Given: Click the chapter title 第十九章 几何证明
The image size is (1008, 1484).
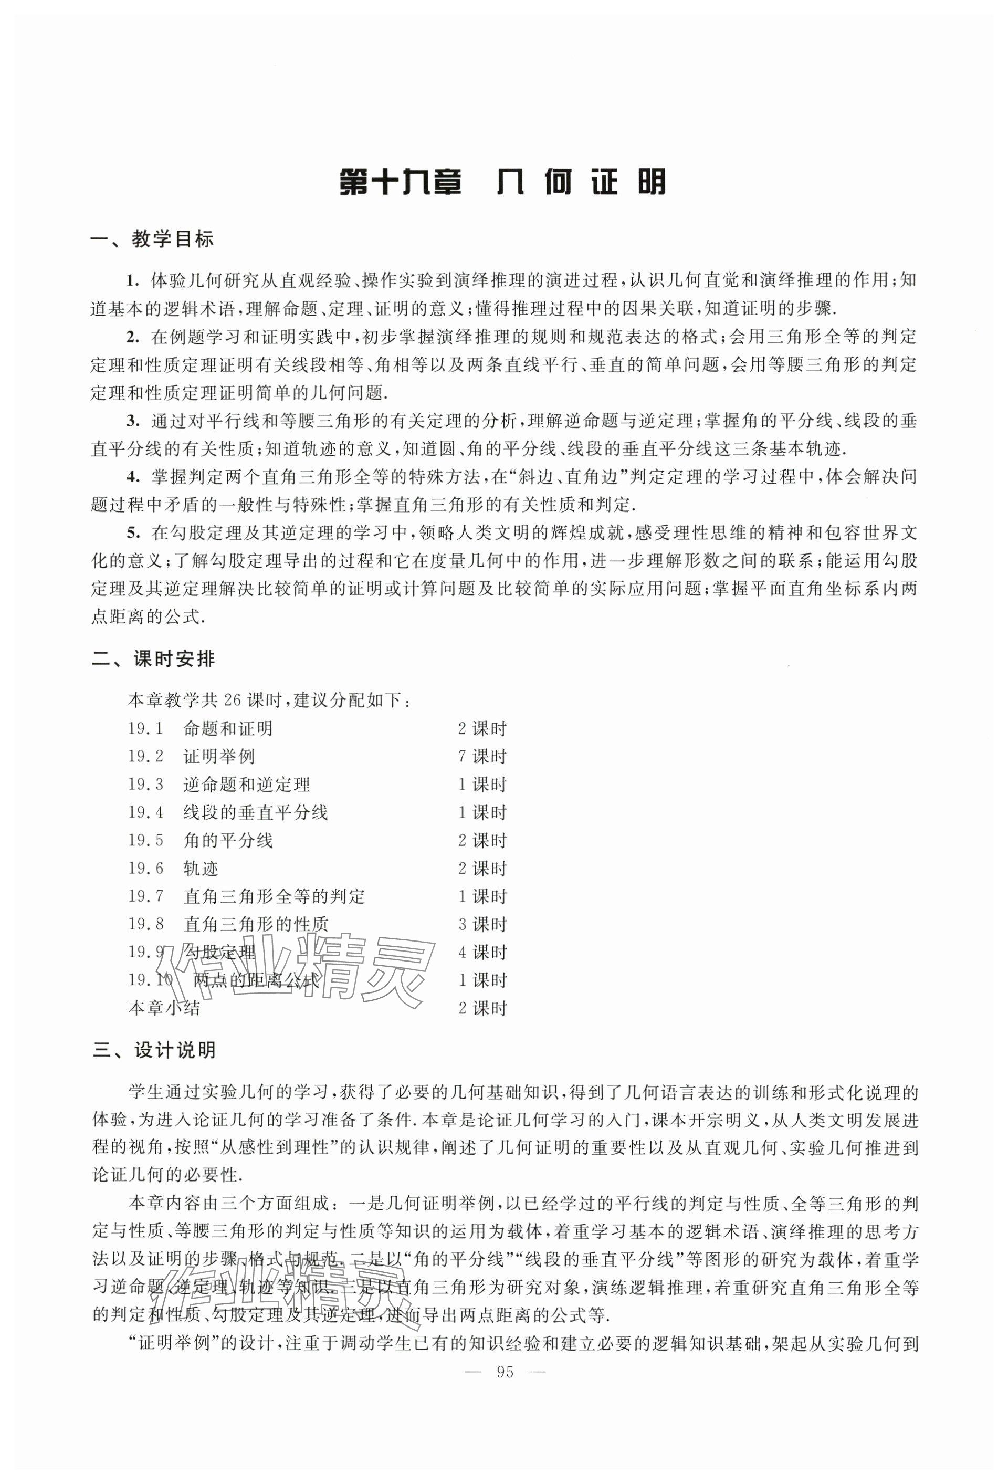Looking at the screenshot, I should click(502, 182).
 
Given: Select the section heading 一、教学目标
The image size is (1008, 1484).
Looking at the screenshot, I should click(153, 239).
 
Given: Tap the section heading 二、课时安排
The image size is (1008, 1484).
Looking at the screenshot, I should click(153, 659).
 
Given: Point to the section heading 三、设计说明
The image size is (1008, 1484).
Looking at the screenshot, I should click(154, 1050).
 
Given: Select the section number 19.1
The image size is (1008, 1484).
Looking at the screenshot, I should click(145, 728).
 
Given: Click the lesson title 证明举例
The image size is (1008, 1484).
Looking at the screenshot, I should click(219, 757).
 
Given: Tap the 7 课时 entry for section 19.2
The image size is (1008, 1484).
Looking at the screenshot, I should click(482, 757).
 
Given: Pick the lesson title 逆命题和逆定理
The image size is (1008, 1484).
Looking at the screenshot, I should click(246, 785).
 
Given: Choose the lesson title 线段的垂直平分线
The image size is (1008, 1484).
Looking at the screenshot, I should click(255, 813).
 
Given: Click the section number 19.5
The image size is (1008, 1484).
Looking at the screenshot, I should click(145, 840).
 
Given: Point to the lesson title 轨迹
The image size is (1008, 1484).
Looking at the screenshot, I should click(201, 869).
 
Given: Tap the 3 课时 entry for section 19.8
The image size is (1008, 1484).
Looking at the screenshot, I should click(482, 924).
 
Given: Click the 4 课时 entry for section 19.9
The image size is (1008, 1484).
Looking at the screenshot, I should click(482, 952).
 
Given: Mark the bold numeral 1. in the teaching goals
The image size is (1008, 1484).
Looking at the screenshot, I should click(132, 281).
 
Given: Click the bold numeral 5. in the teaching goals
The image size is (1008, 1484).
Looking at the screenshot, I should click(132, 533).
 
